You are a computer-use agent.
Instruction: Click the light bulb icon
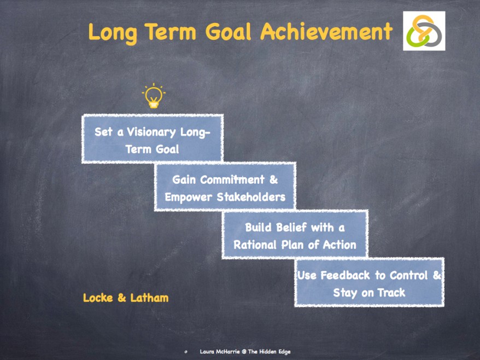pyautogui.click(x=154, y=96)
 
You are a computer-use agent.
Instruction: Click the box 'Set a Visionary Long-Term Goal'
pyautogui.click(x=152, y=140)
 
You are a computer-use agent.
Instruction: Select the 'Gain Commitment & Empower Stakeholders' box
pyautogui.click(x=225, y=188)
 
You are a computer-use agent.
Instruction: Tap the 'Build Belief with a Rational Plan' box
pyautogui.click(x=295, y=235)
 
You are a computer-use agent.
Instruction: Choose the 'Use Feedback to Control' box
pyautogui.click(x=369, y=283)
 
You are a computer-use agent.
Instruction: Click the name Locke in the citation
pyautogui.click(x=98, y=298)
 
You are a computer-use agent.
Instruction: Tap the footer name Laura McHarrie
pyautogui.click(x=220, y=352)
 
